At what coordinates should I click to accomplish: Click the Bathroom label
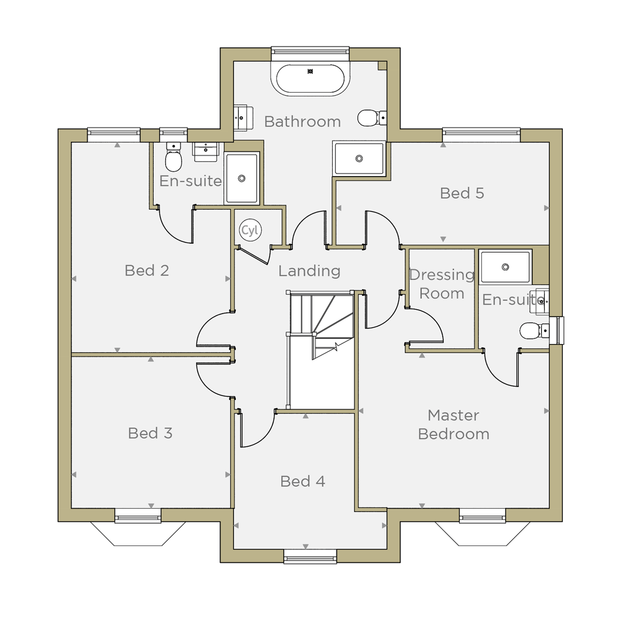point(302,122)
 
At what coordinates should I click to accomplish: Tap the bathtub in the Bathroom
point(310,79)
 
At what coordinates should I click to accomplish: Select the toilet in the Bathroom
point(372,118)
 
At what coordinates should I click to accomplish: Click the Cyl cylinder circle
point(250,230)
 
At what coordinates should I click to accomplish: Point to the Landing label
point(309,271)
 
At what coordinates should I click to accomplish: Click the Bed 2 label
point(147,271)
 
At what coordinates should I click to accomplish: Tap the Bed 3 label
point(151,433)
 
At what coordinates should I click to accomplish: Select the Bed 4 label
point(303,481)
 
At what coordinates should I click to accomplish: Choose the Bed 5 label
point(462,193)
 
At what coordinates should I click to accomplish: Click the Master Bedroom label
point(454,425)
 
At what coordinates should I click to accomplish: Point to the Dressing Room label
point(442,284)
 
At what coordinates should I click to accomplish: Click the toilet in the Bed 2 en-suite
point(174,157)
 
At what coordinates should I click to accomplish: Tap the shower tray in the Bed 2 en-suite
point(241,178)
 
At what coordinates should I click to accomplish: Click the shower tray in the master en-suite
point(505,267)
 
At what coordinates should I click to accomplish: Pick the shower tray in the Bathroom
point(360,158)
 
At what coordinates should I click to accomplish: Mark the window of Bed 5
point(481,135)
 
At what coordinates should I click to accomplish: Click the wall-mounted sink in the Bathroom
point(243,118)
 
